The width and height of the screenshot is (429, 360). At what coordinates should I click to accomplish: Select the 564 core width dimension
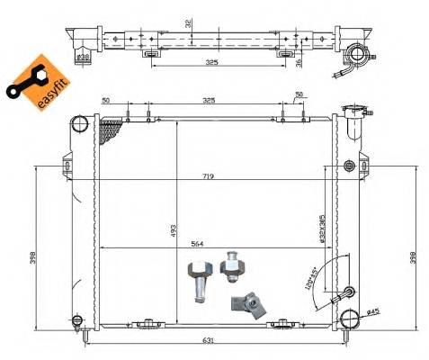[x=209, y=241]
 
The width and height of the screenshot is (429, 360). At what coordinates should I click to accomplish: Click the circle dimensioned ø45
[x=349, y=318]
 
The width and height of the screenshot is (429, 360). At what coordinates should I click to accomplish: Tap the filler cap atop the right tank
[x=355, y=114]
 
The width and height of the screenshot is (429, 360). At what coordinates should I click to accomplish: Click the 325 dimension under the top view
[x=212, y=62]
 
